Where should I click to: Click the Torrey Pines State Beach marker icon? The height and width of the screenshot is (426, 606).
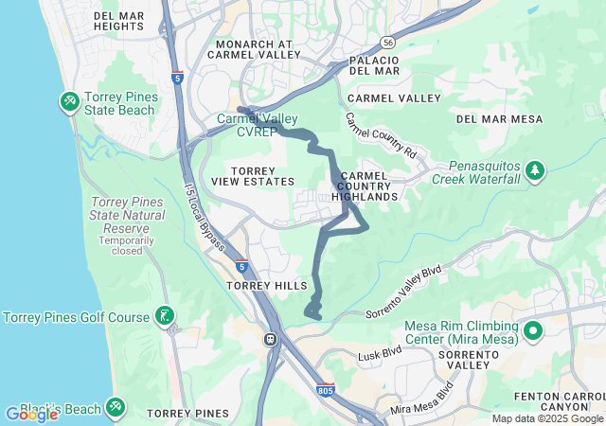point(69,100)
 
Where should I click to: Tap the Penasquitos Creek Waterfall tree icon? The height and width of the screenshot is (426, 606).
point(537,169)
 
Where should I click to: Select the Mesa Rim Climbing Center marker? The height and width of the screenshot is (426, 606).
point(532,331)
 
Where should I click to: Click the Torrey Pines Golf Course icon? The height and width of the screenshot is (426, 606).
point(165,316)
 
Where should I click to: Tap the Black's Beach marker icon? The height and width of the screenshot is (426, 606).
point(115,407)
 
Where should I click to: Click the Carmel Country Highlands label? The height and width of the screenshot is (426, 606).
point(365,186)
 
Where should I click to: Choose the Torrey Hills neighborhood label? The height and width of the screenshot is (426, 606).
point(266,285)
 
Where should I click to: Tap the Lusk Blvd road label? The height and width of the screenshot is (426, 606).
point(380,357)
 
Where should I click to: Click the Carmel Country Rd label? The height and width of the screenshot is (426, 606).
point(380,137)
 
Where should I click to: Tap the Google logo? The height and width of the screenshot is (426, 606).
point(31,415)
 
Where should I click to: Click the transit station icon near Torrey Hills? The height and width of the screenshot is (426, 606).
point(271,338)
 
